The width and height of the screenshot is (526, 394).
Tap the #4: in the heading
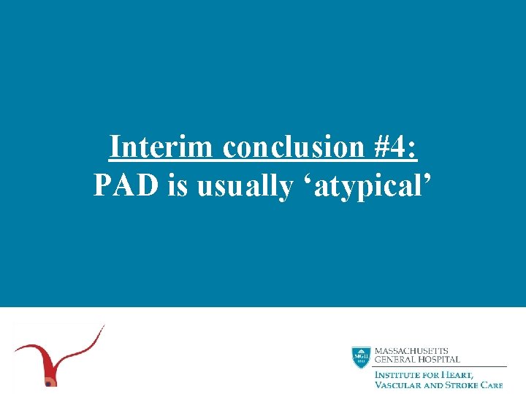394,147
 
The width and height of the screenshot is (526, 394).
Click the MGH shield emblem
360,357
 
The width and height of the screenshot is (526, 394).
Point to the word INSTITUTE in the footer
398,374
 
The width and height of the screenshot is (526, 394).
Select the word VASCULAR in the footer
400,385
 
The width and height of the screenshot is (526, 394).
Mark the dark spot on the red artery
49,382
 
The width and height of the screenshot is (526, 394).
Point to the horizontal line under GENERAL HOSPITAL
438,366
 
